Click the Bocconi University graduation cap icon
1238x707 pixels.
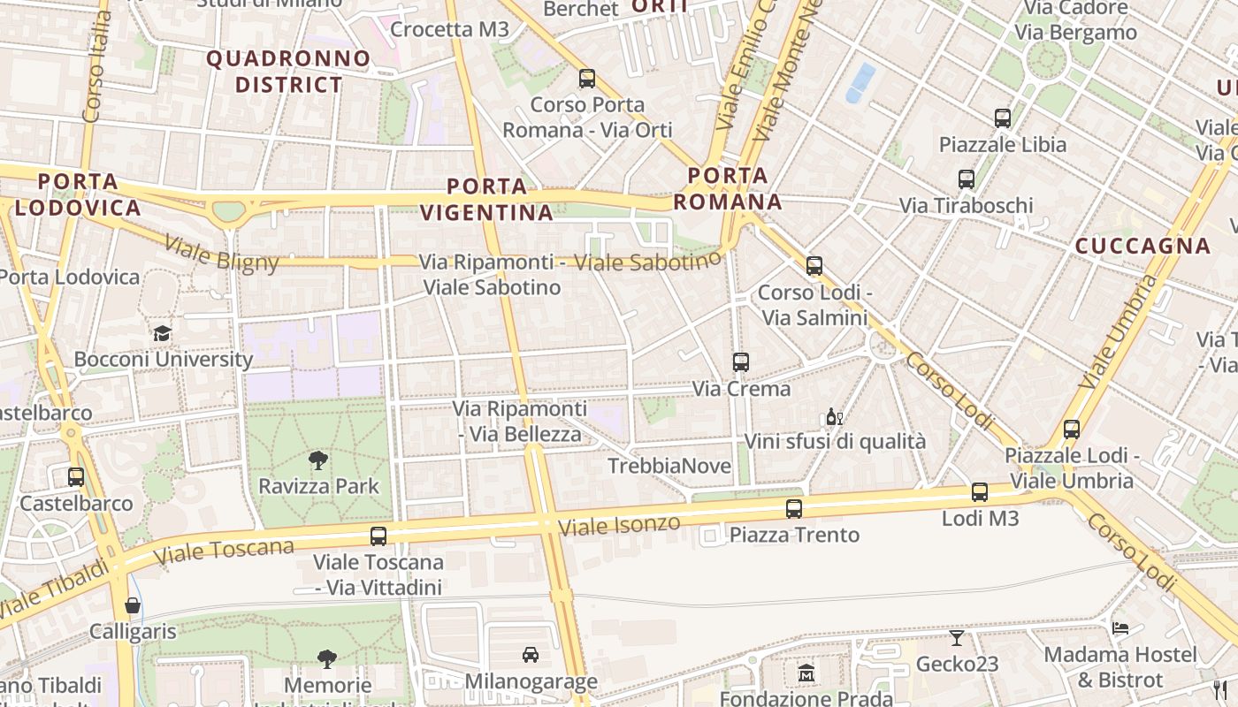point(162,333)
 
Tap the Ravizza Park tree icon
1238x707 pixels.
point(318,460)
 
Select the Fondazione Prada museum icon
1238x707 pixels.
point(806,673)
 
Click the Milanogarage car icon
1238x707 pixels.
point(531,655)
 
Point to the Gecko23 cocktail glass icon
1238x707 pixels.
point(957,638)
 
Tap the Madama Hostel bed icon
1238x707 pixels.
point(1120,629)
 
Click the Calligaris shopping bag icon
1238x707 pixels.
point(133,605)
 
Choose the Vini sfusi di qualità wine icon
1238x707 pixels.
point(834,416)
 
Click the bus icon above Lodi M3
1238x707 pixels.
point(980,492)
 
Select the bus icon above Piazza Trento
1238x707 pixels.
point(794,508)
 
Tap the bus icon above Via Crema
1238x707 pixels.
point(741,362)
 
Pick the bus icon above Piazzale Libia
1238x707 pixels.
point(1003,118)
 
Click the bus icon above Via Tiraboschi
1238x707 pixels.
point(967,179)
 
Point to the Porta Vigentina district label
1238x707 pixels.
point(486,200)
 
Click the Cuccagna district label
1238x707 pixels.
point(1142,246)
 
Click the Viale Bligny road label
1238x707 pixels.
point(222,253)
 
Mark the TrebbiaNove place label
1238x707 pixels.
point(669,466)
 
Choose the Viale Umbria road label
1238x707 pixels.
point(1119,332)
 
